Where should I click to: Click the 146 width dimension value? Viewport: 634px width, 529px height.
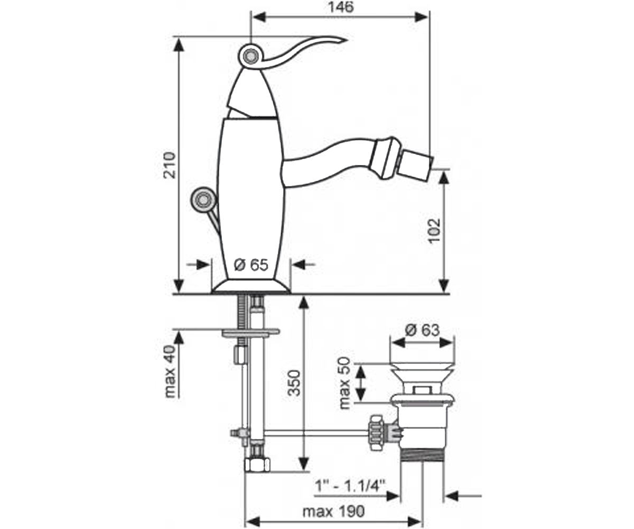click(x=341, y=7)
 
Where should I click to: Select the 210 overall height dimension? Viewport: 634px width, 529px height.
click(x=170, y=165)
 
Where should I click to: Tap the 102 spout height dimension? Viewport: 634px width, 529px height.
click(x=434, y=230)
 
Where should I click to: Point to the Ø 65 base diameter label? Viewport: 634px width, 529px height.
click(x=251, y=265)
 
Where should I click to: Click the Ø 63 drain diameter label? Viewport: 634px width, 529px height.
click(x=422, y=330)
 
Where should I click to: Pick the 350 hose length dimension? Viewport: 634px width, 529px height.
click(x=294, y=383)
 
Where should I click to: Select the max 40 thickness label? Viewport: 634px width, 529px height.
click(x=170, y=371)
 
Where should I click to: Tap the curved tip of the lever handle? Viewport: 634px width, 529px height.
click(x=346, y=40)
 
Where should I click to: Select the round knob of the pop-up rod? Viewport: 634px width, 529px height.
click(x=202, y=200)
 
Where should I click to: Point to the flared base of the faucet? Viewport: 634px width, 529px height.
click(x=251, y=286)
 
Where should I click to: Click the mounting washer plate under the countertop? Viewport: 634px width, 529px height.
click(x=250, y=333)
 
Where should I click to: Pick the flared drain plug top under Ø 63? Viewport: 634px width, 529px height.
click(x=422, y=375)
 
